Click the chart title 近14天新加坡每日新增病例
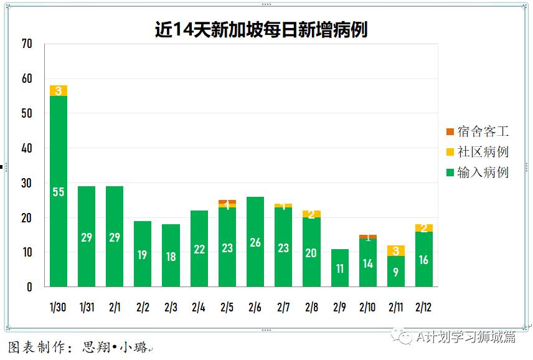pyautogui.click(x=261, y=29)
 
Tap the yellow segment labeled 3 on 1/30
pyautogui.click(x=59, y=91)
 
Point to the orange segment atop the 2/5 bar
pyautogui.click(x=227, y=202)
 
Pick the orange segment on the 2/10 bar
pyautogui.click(x=367, y=237)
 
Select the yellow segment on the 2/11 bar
pyautogui.click(x=395, y=250)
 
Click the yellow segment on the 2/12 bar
pyautogui.click(x=424, y=228)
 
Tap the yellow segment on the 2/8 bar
pyautogui.click(x=311, y=214)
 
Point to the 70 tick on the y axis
pyautogui.click(x=26, y=44)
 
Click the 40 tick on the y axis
pyautogui.click(x=26, y=148)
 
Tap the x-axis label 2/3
pyautogui.click(x=171, y=307)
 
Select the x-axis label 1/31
pyautogui.click(x=87, y=307)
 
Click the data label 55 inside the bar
pyautogui.click(x=59, y=192)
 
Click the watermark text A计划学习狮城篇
pyautogui.click(x=466, y=337)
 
